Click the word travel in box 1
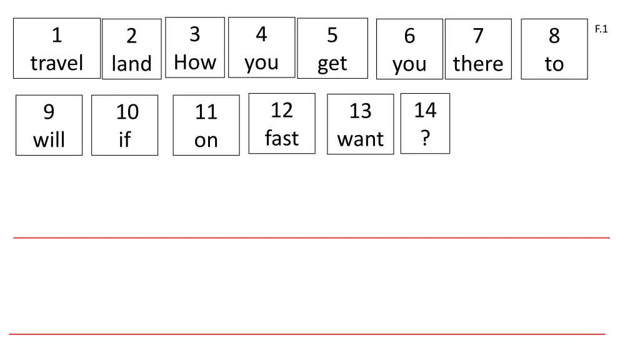click(57, 63)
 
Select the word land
click(131, 64)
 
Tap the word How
click(195, 62)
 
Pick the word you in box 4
click(261, 62)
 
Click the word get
click(332, 64)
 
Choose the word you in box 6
click(409, 64)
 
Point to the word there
click(478, 64)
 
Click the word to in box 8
click(554, 64)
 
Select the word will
click(49, 139)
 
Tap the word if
click(124, 139)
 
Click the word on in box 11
click(206, 140)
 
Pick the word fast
click(281, 137)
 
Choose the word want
click(360, 139)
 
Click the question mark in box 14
click(425, 137)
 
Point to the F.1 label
click(601, 29)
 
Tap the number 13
click(360, 111)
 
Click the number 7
click(478, 36)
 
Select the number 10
click(127, 112)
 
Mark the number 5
click(332, 36)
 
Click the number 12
click(281, 110)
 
